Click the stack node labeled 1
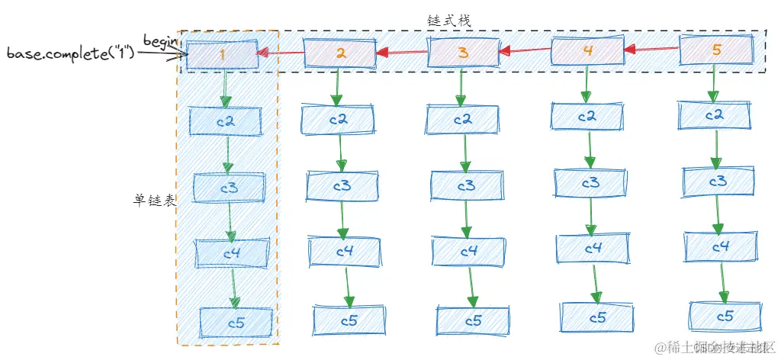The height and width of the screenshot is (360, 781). point(223,56)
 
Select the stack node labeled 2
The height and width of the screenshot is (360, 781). point(341,53)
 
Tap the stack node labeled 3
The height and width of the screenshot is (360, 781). point(463,53)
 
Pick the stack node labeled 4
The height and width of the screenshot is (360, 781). point(587,52)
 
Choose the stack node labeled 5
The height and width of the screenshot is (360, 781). point(715,51)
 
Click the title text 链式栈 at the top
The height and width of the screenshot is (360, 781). point(450,21)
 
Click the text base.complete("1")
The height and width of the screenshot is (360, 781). point(70,54)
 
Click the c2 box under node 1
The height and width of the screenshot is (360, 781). point(225,121)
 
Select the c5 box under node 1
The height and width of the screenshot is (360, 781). point(236,323)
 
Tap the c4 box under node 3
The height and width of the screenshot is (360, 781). point(468,250)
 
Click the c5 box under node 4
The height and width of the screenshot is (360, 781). point(596,316)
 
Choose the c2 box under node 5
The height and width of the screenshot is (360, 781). point(715,115)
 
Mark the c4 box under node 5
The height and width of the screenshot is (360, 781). point(722,247)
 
